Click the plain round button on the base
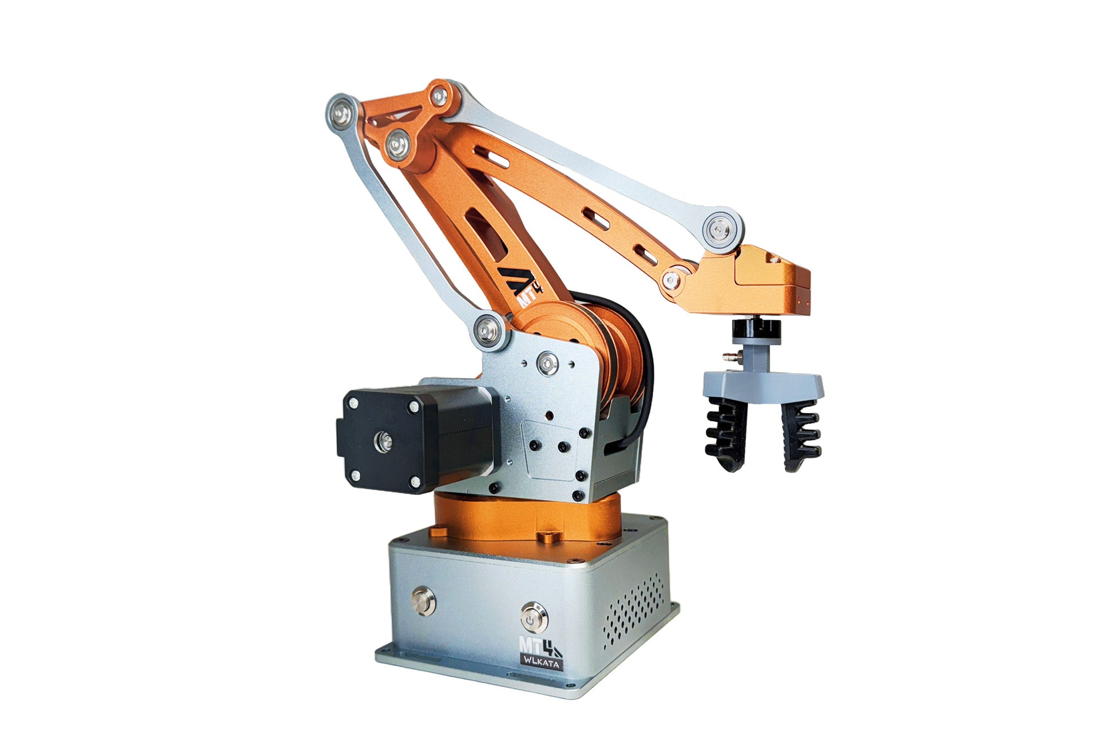(423, 601)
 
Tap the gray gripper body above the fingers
(764, 380)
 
